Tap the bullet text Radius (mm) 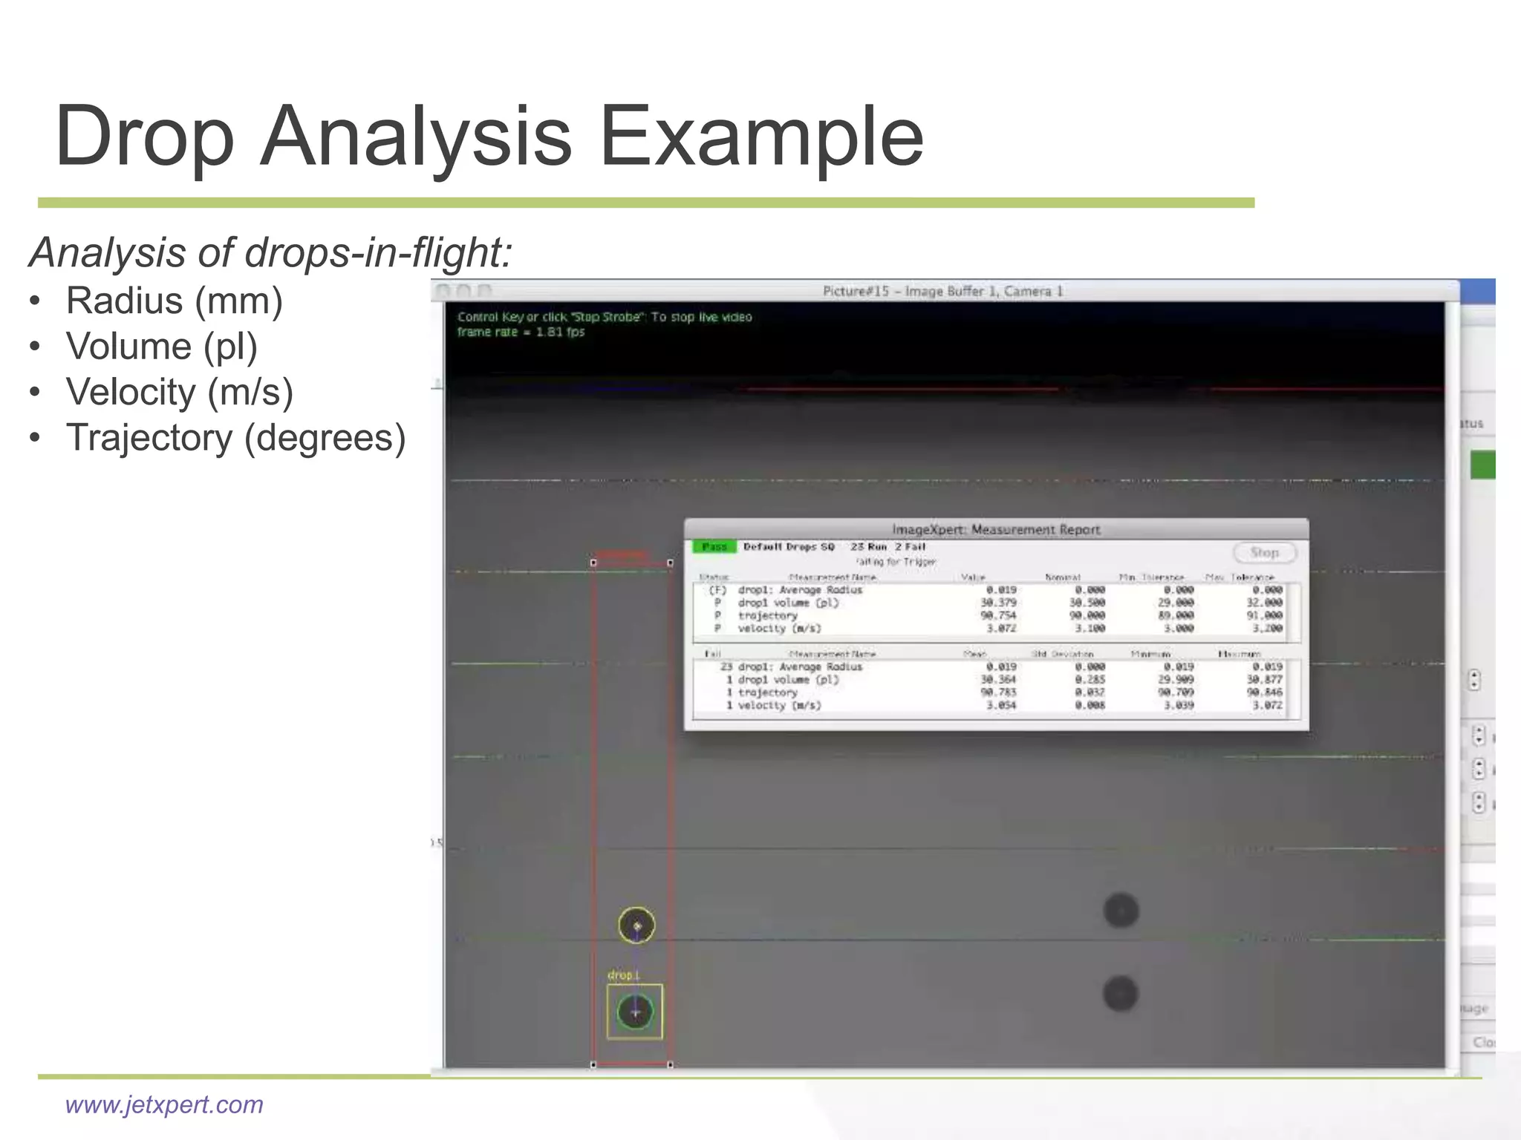coord(174,301)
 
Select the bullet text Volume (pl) coord(161,347)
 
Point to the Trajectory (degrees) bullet coord(235,438)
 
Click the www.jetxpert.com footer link coord(164,1104)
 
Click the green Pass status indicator coord(714,547)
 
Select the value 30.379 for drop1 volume coord(998,603)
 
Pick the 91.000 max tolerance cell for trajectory coord(1264,615)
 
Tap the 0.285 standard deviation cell coord(1090,680)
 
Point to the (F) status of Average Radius coord(717,590)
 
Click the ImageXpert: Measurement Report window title coord(995,529)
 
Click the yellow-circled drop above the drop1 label coord(636,926)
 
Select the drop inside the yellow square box coord(635,1012)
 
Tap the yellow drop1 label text coord(623,975)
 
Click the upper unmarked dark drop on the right coord(1121,911)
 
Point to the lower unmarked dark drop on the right coord(1120,994)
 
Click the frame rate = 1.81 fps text coord(521,332)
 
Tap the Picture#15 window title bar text coord(942,291)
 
